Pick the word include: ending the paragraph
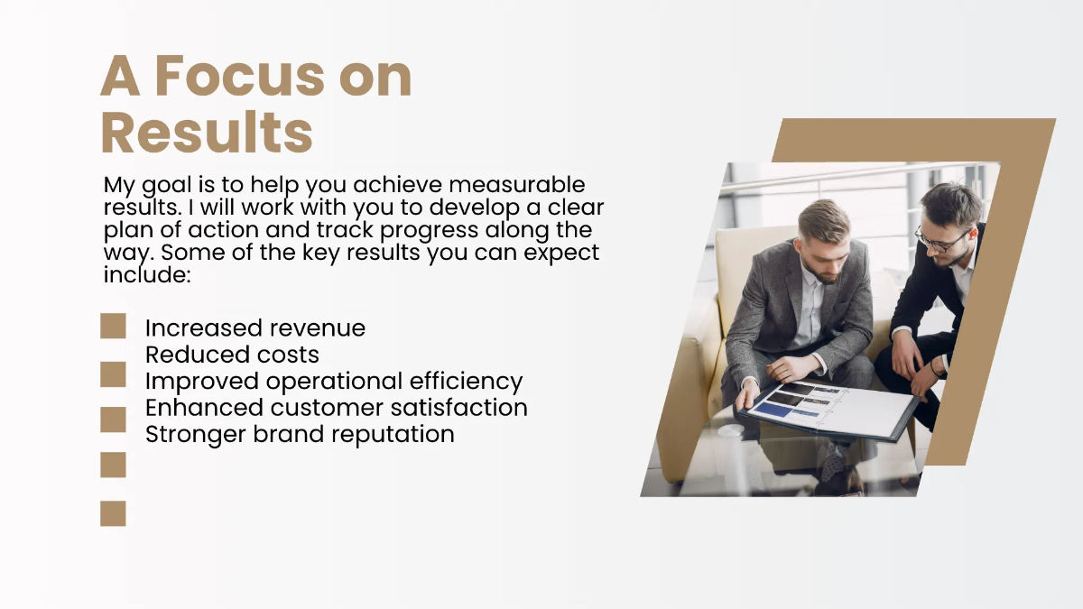147,274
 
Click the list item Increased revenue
255,328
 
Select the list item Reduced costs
232,355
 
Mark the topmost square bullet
113,327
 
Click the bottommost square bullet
113,513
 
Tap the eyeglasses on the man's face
941,239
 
